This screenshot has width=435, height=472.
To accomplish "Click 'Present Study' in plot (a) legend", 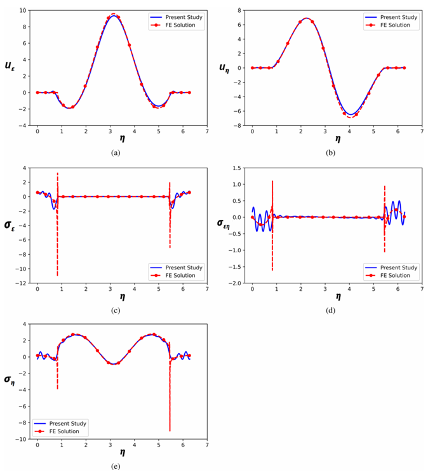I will click(185, 17).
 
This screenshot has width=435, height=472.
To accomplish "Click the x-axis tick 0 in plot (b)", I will click(252, 133).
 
